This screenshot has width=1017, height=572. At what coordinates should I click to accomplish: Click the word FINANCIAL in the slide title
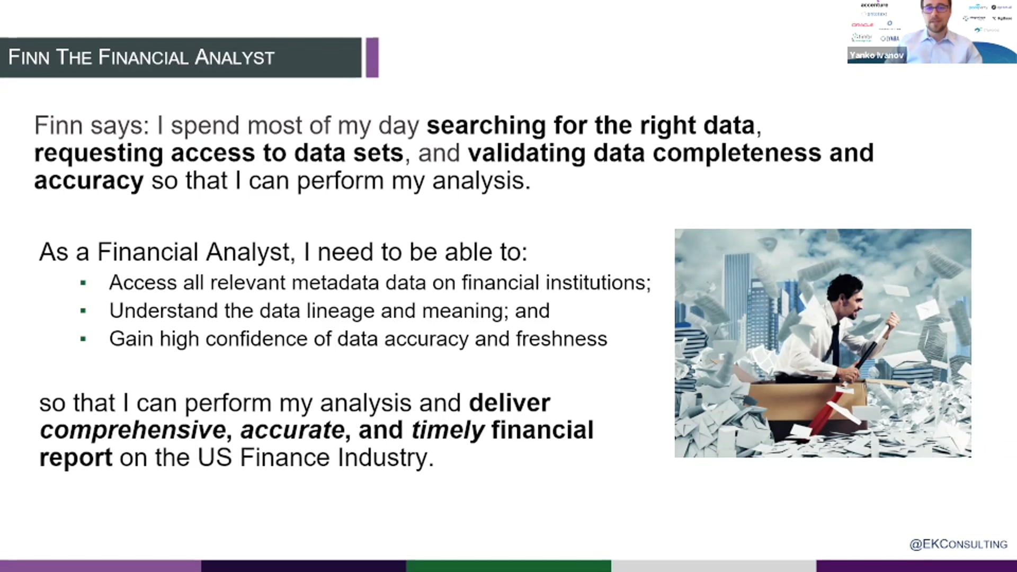[x=143, y=57]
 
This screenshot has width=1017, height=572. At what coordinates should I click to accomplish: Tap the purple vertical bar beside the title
[x=372, y=57]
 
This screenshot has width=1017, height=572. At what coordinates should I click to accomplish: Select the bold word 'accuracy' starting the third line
[x=88, y=181]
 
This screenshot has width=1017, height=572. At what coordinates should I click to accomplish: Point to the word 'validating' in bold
[x=527, y=153]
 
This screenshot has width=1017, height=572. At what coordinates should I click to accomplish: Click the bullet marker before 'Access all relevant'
[x=83, y=283]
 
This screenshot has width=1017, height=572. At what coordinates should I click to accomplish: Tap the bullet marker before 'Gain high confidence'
[x=83, y=339]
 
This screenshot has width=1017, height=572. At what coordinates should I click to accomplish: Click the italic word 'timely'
[x=448, y=430]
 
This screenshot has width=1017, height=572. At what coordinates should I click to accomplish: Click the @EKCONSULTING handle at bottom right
[x=958, y=544]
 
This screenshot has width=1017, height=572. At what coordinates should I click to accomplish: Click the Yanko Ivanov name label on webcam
[x=876, y=55]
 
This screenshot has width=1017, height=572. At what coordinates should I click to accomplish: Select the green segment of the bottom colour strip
[x=508, y=566]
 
